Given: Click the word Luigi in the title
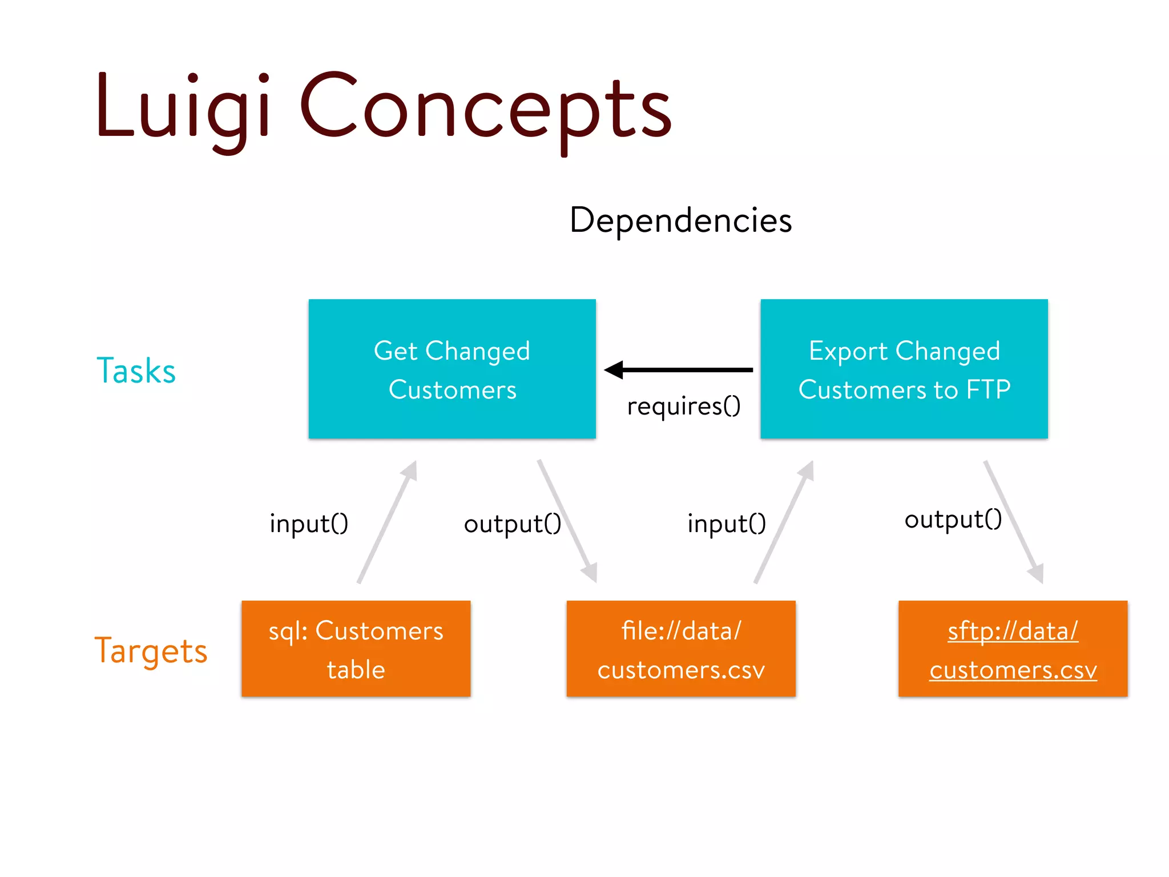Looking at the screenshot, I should click(x=183, y=108).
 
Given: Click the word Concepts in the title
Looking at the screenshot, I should click(x=485, y=108).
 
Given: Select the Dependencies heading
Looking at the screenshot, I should click(x=680, y=220).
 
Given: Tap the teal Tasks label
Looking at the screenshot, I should click(x=136, y=371).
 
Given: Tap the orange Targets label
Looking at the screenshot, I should click(x=151, y=650).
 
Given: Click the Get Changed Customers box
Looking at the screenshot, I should click(x=452, y=369).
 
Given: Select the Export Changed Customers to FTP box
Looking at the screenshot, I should click(x=904, y=369).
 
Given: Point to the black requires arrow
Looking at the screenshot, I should click(x=679, y=370).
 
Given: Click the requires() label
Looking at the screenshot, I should click(x=683, y=406).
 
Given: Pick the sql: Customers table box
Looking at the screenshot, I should click(x=356, y=649).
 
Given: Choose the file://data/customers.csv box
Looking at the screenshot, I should click(x=680, y=649).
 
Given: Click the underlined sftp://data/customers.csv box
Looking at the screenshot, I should click(x=1013, y=649).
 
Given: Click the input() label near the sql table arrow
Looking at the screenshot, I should click(x=309, y=524).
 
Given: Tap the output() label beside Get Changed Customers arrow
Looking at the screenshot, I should click(x=512, y=524).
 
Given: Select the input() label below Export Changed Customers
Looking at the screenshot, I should click(x=726, y=524).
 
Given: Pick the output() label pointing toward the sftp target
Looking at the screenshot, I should click(x=953, y=520).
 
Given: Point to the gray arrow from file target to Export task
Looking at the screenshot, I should click(x=784, y=522).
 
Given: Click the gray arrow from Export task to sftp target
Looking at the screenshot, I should click(x=1014, y=522).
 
